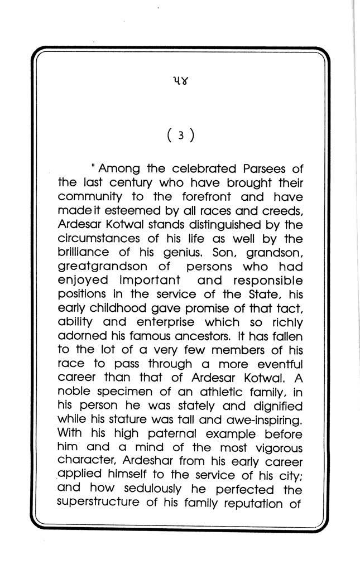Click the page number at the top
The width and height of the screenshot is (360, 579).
[x=180, y=84]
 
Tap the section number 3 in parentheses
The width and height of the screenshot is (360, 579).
[x=180, y=136]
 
